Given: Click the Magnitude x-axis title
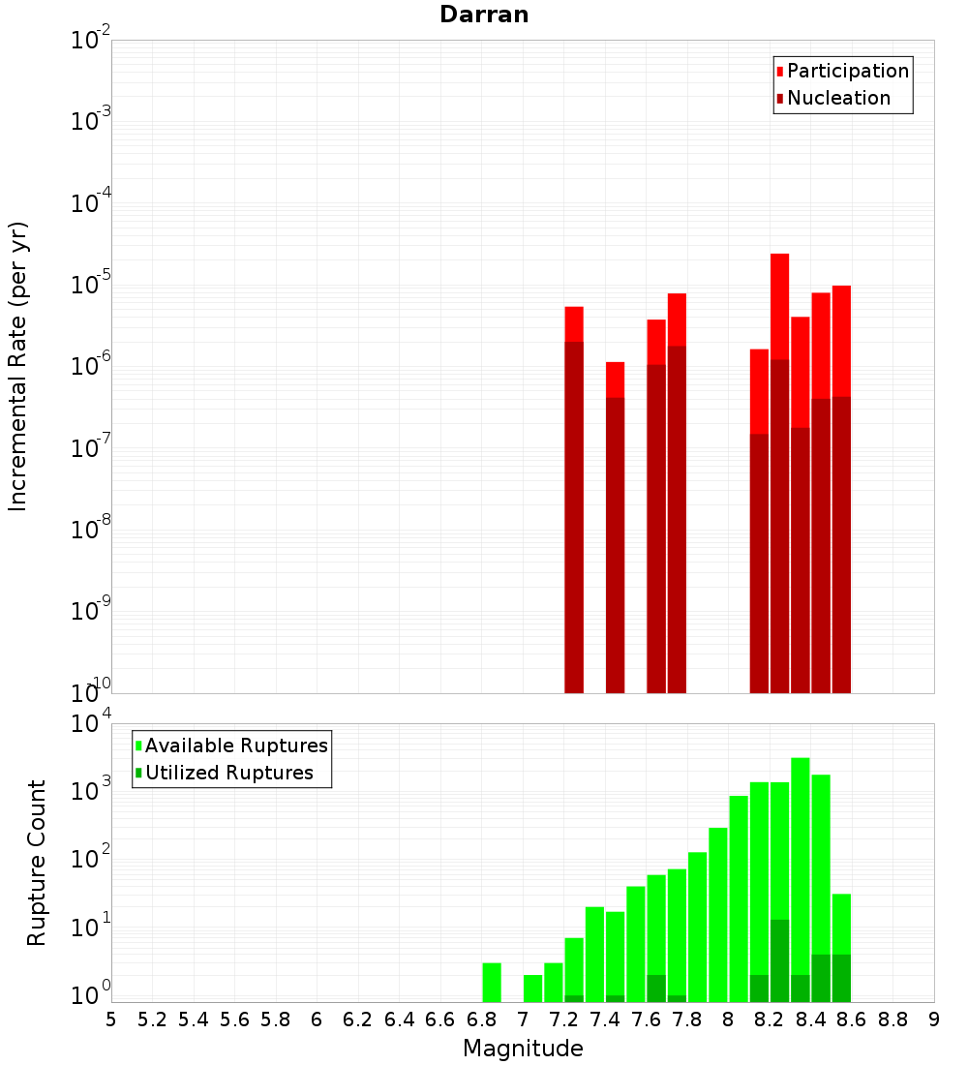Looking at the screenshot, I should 523,1049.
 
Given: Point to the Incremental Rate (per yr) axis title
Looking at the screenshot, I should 17,366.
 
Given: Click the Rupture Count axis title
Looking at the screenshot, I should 37,862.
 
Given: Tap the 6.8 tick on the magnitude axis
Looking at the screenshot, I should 481,1019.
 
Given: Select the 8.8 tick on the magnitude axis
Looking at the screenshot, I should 892,1019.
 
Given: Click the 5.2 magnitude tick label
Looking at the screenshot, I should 152,1019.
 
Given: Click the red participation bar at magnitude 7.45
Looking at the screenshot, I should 615,379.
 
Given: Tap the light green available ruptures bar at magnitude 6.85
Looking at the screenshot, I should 491,982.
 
